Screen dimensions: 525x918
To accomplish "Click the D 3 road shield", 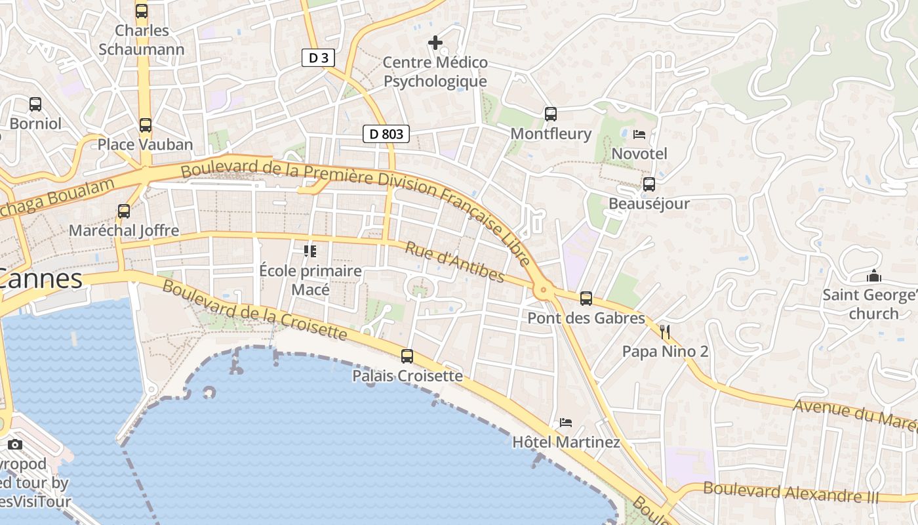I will pyautogui.click(x=318, y=58).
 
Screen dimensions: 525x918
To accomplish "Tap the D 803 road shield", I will pyautogui.click(x=386, y=135).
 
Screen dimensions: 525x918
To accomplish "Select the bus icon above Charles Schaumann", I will pyautogui.click(x=142, y=11).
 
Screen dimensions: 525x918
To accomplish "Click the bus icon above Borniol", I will pyautogui.click(x=35, y=104).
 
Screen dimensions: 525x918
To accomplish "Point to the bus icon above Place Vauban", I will pyautogui.click(x=146, y=125).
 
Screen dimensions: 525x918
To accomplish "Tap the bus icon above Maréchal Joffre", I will pyautogui.click(x=124, y=211).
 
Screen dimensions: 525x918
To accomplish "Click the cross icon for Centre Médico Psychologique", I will pyautogui.click(x=435, y=43).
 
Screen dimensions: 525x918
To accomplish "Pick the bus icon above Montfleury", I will pyautogui.click(x=551, y=114).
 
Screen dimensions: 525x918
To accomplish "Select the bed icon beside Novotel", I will pyautogui.click(x=639, y=135).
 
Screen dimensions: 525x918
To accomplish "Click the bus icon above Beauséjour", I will pyautogui.click(x=649, y=184).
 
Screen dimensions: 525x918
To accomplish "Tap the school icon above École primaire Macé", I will pyautogui.click(x=310, y=251).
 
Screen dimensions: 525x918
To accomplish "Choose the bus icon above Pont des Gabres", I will pyautogui.click(x=586, y=299).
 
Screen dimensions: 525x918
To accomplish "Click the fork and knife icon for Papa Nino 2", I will pyautogui.click(x=666, y=332).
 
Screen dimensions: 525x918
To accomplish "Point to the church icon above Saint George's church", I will pyautogui.click(x=873, y=276).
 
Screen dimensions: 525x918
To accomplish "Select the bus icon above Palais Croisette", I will pyautogui.click(x=407, y=356).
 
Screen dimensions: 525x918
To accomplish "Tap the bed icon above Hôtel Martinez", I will pyautogui.click(x=566, y=423).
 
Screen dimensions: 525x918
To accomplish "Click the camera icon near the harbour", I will pyautogui.click(x=15, y=445).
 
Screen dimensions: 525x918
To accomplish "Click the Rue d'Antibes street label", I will pyautogui.click(x=454, y=262).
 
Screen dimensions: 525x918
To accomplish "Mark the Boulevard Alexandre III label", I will pyautogui.click(x=790, y=492).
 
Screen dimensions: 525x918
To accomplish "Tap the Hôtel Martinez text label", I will pyautogui.click(x=566, y=442).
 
